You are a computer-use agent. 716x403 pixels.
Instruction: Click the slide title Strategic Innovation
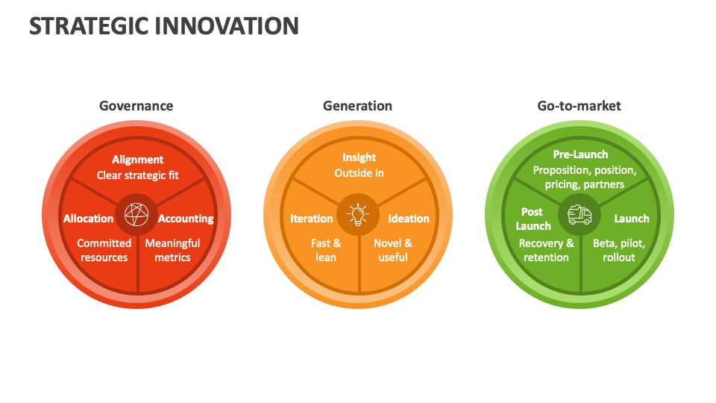[164, 26]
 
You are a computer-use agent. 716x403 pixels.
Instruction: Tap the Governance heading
[136, 106]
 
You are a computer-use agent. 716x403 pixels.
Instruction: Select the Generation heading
[357, 106]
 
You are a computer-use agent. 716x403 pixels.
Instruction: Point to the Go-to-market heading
[579, 106]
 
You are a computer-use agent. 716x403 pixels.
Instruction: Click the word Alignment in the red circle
[137, 160]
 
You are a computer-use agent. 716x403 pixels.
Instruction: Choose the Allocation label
[88, 219]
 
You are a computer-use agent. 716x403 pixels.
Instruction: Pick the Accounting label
[186, 219]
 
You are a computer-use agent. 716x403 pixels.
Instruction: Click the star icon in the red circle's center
[136, 215]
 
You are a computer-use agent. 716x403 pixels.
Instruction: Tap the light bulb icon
[358, 215]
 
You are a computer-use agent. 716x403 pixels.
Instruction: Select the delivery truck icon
[580, 215]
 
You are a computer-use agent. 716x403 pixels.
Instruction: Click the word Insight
[359, 157]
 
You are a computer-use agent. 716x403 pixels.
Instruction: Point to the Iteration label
[312, 219]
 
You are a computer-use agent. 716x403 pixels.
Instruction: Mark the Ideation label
[409, 219]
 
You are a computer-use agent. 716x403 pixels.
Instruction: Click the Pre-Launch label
[580, 154]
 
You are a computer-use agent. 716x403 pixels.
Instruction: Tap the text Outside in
[359, 173]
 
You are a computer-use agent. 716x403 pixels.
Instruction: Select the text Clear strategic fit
[137, 175]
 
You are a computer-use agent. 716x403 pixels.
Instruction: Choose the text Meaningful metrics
[172, 251]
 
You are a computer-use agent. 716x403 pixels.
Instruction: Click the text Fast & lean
[326, 251]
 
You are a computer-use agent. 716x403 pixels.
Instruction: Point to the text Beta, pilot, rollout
[619, 251]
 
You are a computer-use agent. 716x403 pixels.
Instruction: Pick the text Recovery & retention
[546, 251]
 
